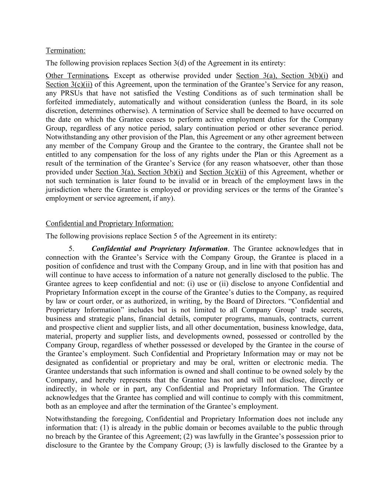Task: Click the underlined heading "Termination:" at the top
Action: pos(65,50)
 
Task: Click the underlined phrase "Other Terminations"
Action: pos(76,76)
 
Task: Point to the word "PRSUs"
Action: pos(70,93)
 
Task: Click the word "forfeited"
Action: pos(60,102)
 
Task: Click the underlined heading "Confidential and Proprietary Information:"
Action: pos(110,224)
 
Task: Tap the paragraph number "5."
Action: pos(72,249)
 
